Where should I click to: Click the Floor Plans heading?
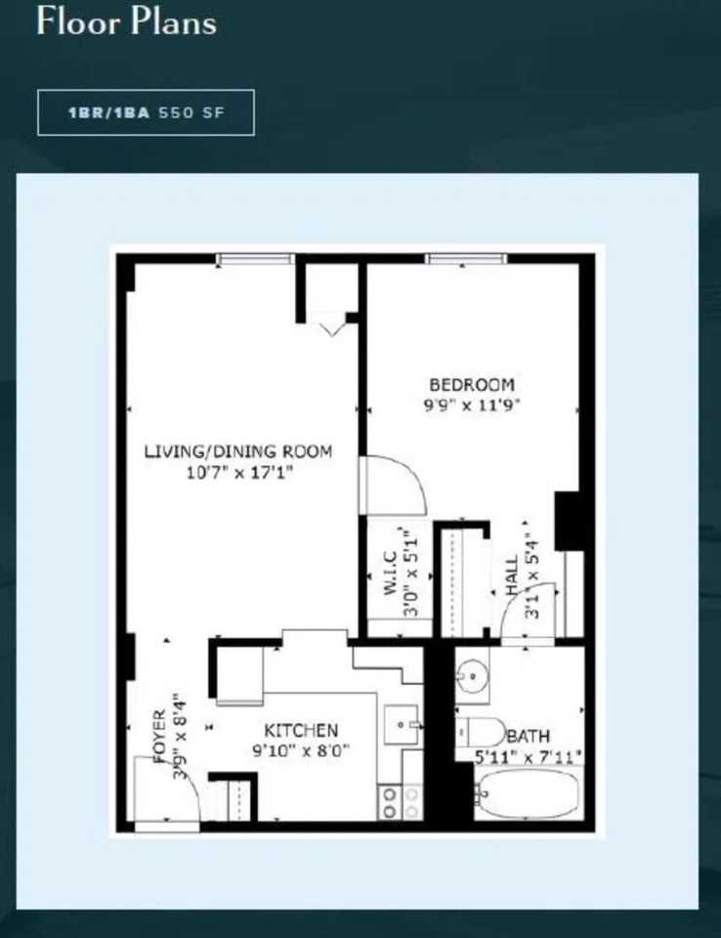point(126,22)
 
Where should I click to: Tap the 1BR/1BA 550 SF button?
point(146,112)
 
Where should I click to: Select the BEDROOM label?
point(472,385)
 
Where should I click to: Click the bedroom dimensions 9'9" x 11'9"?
point(472,405)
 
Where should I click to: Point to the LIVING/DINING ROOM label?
point(238,451)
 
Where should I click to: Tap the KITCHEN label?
point(301,730)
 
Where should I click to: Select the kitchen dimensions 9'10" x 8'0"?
point(301,750)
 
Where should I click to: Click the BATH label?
point(528,736)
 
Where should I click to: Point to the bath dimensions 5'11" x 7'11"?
point(529,755)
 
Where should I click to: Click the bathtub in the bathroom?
point(528,792)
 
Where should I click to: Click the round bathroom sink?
point(474,676)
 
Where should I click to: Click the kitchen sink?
point(403,725)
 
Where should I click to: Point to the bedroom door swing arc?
point(396,486)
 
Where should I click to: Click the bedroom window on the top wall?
point(466,259)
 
